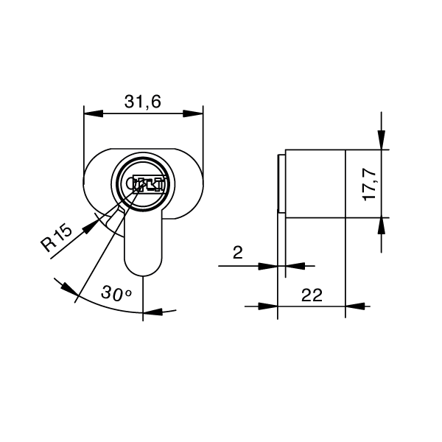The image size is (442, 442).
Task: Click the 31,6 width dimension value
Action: click(x=143, y=102)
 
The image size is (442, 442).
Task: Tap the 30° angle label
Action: click(x=116, y=293)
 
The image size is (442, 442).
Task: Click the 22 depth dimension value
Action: click(x=312, y=295)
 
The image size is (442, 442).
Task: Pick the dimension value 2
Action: click(x=238, y=254)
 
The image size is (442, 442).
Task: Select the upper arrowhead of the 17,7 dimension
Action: click(x=381, y=140)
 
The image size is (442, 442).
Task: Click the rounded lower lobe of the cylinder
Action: click(x=144, y=250)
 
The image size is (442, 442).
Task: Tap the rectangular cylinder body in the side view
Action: click(x=315, y=183)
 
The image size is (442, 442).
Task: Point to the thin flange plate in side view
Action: click(x=281, y=183)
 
